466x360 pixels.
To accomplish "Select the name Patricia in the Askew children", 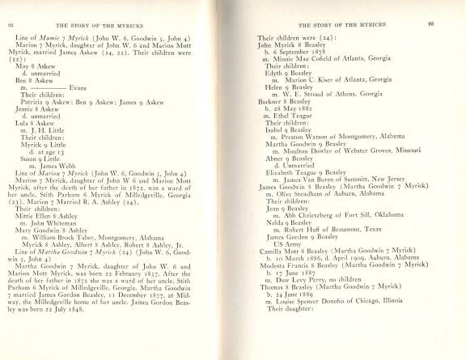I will [x=33, y=102].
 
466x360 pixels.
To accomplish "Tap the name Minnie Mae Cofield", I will [x=298, y=58].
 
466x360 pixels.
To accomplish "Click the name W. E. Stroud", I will [x=300, y=94].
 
